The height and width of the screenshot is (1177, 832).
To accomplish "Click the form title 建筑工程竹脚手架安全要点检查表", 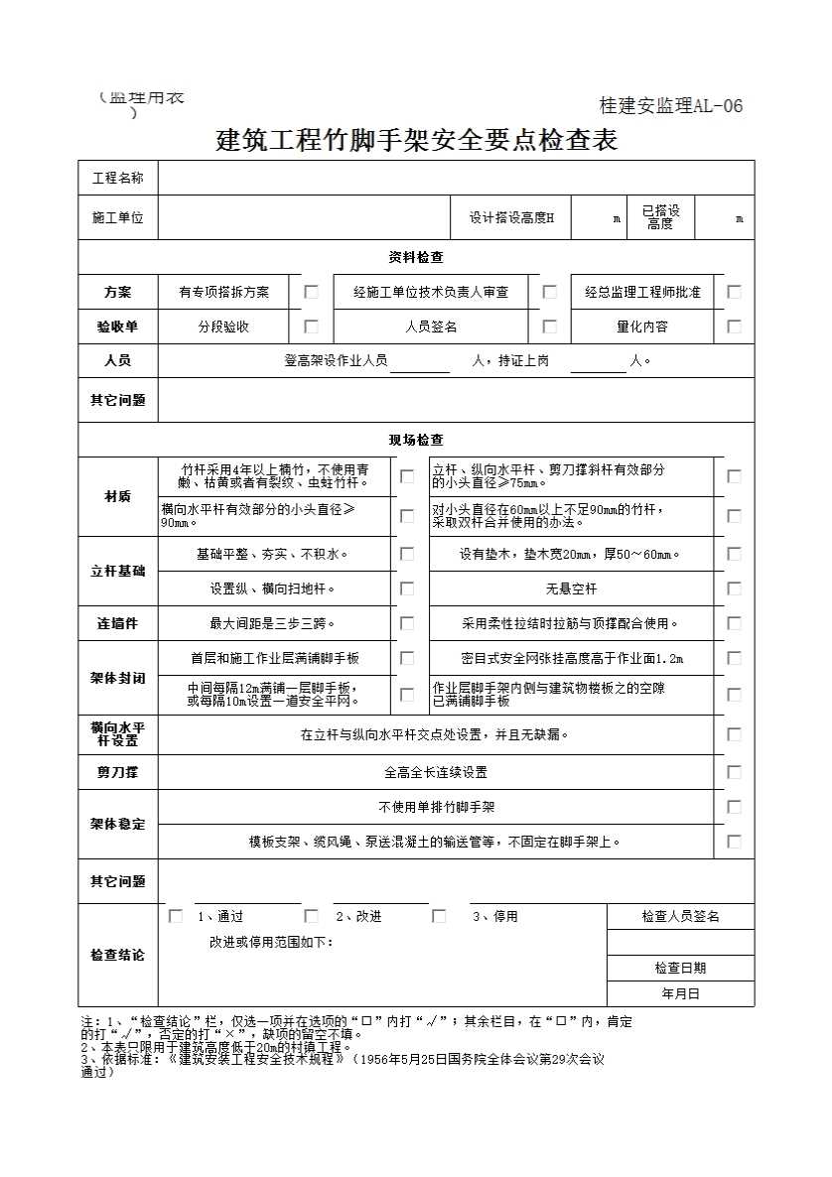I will [417, 140].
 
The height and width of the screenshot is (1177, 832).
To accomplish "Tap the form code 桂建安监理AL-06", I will [671, 106].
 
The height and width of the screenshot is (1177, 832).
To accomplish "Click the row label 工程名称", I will [118, 179].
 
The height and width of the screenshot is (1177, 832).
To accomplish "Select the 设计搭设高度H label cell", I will [511, 218].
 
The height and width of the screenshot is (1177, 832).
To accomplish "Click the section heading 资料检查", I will [416, 257].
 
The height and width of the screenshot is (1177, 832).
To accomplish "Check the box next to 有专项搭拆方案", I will [312, 292].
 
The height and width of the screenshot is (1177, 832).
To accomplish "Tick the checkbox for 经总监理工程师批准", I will [735, 292].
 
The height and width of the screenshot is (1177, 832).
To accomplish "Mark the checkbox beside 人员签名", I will [550, 326].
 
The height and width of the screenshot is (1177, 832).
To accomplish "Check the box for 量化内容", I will [735, 326].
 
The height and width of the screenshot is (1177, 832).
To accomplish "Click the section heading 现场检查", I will [416, 440].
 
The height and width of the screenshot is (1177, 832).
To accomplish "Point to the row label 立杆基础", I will [118, 572].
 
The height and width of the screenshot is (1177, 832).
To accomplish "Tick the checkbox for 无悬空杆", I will [735, 588].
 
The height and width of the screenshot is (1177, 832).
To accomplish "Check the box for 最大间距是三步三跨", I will [407, 623].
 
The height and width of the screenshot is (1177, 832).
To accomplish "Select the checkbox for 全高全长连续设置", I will [735, 771].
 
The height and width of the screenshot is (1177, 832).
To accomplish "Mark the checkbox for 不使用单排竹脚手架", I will [735, 807].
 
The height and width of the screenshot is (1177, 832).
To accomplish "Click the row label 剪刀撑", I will [118, 771].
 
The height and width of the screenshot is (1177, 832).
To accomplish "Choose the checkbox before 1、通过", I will [176, 916].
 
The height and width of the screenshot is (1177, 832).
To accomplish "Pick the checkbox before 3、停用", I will [439, 916].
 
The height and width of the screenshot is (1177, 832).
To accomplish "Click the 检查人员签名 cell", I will [680, 916].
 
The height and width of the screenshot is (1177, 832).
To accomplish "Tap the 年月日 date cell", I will [680, 992].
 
